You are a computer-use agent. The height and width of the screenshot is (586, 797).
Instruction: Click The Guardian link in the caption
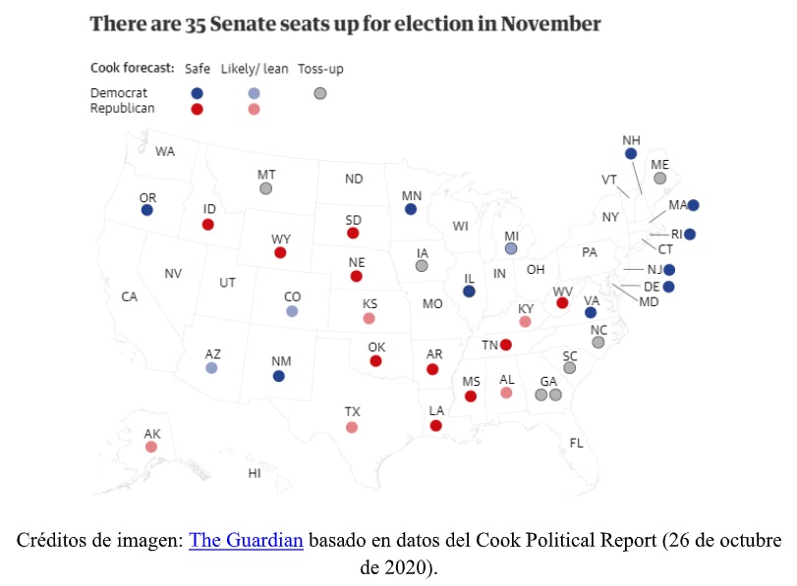(x=246, y=541)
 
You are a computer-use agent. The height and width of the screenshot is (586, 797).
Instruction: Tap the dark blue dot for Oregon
(x=147, y=210)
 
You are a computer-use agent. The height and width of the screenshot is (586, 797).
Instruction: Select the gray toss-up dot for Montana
(x=265, y=188)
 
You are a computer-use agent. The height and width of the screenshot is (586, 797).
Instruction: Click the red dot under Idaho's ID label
(x=208, y=225)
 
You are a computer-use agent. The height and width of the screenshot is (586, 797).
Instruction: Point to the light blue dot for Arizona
(x=212, y=368)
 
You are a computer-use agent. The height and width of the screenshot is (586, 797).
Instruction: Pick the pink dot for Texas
(x=352, y=427)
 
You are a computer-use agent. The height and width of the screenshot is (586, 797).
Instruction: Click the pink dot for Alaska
(x=151, y=447)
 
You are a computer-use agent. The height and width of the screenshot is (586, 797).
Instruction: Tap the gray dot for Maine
(x=659, y=178)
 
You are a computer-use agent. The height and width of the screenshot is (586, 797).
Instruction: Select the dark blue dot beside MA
(x=693, y=205)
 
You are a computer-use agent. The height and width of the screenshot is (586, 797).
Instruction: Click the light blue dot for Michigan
(x=511, y=249)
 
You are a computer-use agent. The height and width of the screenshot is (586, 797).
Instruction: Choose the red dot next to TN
(x=505, y=345)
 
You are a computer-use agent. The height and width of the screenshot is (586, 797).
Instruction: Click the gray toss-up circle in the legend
(x=319, y=93)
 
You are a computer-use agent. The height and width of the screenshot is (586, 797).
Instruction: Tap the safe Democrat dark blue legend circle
(x=198, y=93)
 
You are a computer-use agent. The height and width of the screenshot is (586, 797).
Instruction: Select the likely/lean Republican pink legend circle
(x=254, y=109)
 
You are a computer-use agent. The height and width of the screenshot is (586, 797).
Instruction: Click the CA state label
(x=129, y=296)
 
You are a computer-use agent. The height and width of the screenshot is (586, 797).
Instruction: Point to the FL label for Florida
(x=577, y=443)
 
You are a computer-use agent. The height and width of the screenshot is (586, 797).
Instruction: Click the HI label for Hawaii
(x=254, y=473)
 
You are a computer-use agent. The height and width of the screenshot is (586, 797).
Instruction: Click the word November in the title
(x=548, y=23)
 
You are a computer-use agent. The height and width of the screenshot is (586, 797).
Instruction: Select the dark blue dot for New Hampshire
(x=631, y=154)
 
